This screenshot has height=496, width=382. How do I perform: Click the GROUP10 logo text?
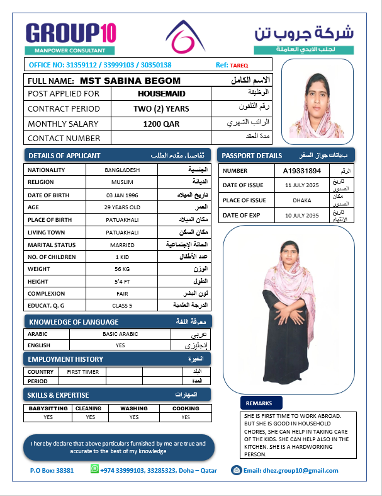[70, 33]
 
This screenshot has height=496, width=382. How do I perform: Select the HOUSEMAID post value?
[161, 93]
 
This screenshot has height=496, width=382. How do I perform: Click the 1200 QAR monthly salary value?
[161, 124]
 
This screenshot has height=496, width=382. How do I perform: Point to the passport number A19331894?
[302, 171]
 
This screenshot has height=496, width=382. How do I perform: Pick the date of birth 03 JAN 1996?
[123, 195]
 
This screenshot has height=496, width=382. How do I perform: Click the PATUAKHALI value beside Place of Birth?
[123, 219]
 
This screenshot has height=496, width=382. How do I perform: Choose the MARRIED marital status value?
[123, 244]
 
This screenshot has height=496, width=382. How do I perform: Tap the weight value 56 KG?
[123, 269]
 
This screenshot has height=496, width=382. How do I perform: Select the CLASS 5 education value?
[123, 306]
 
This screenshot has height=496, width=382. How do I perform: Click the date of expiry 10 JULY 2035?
[302, 216]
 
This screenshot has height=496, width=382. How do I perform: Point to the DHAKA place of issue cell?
[302, 200]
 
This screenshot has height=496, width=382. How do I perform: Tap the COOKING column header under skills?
[186, 408]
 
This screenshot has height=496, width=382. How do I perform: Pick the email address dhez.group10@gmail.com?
[291, 471]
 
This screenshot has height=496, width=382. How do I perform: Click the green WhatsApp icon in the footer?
[95, 470]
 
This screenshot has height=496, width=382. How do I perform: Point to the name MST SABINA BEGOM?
[130, 81]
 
